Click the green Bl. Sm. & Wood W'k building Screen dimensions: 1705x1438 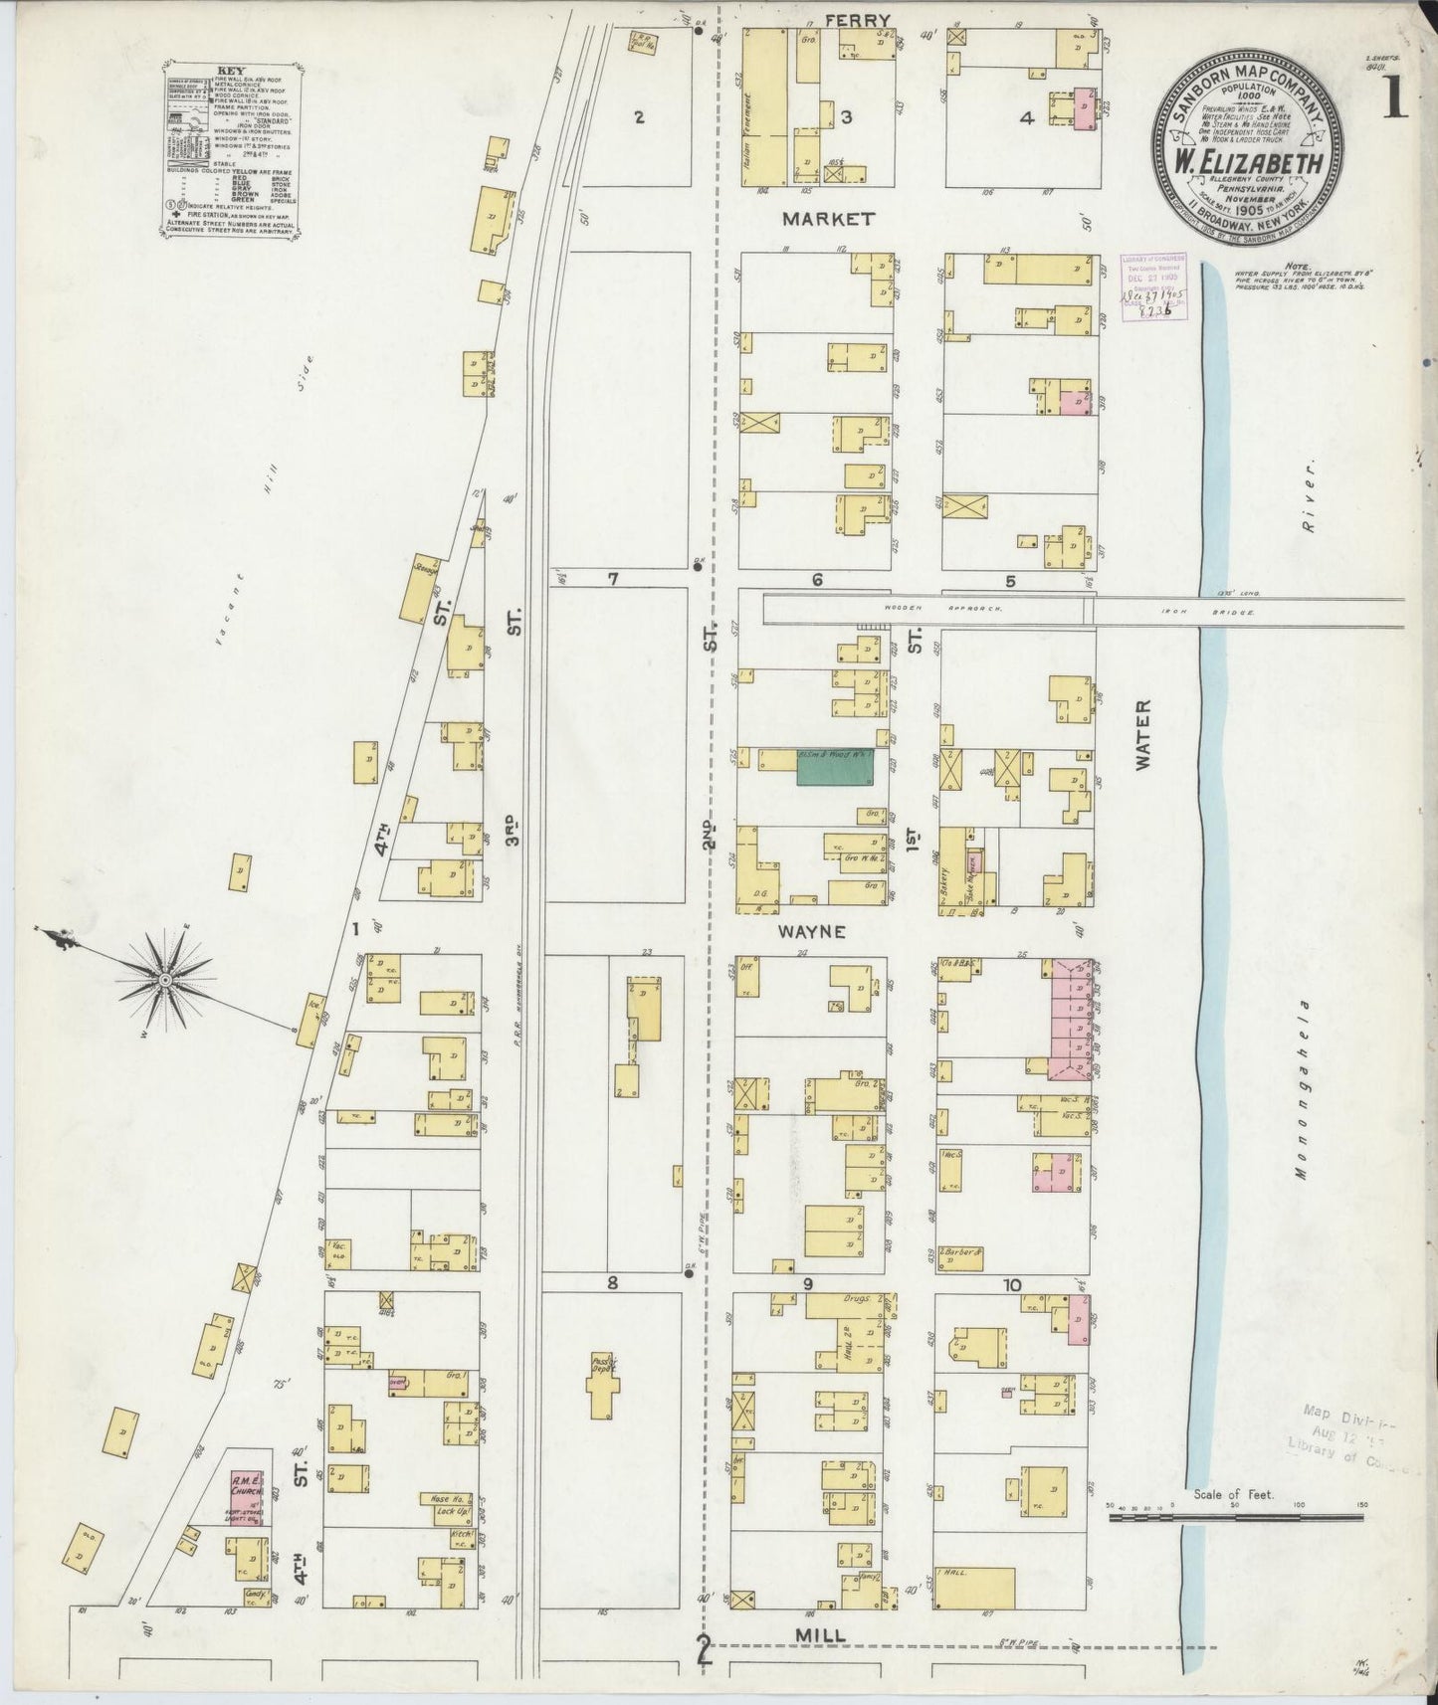click(835, 766)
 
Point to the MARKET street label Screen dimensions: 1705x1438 click(828, 218)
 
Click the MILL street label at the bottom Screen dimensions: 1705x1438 click(821, 1635)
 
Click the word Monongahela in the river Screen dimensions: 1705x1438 click(1300, 1089)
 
